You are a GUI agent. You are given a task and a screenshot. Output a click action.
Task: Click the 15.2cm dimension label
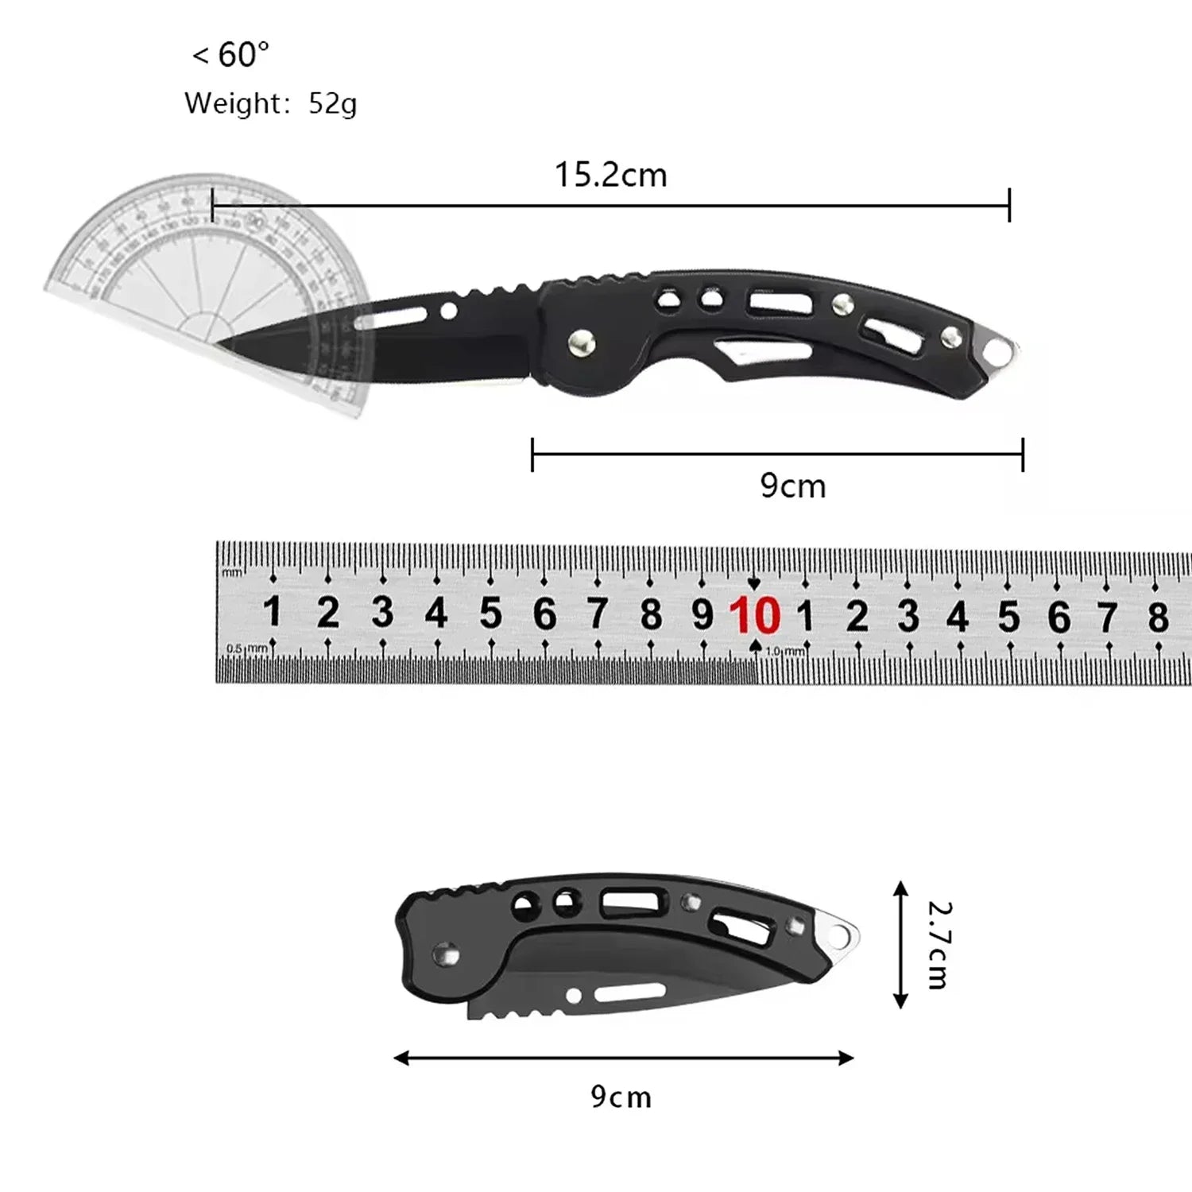pyautogui.click(x=610, y=175)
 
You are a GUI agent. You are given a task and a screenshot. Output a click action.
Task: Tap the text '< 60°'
pyautogui.click(x=230, y=55)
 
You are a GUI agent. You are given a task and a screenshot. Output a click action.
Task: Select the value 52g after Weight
pyautogui.click(x=332, y=103)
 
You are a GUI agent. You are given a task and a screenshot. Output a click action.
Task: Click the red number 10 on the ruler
pyautogui.click(x=754, y=615)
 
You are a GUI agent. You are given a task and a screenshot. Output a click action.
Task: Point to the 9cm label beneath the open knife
pyautogui.click(x=792, y=486)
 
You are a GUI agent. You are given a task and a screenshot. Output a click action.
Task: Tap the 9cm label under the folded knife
pyautogui.click(x=621, y=1097)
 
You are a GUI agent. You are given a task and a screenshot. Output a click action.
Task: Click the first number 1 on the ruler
pyautogui.click(x=272, y=613)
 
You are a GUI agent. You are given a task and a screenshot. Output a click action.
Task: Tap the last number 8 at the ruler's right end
pyautogui.click(x=1158, y=617)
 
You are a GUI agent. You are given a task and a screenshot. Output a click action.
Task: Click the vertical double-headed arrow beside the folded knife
pyautogui.click(x=900, y=944)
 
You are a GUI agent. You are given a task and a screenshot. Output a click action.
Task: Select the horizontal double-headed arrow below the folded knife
pyautogui.click(x=623, y=1058)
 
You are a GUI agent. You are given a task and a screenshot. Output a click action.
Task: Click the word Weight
pyautogui.click(x=232, y=103)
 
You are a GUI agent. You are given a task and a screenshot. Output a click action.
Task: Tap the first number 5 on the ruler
pyautogui.click(x=490, y=613)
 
